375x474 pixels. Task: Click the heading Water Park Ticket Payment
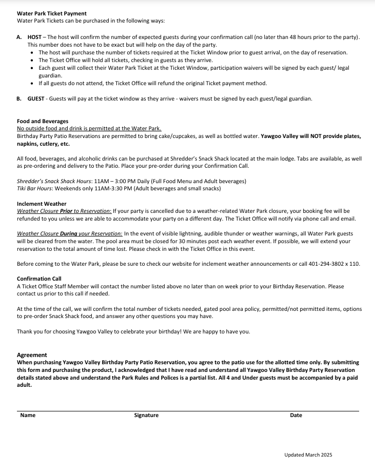click(x=52, y=13)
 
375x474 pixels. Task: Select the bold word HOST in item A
click(x=34, y=37)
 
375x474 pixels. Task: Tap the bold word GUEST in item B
click(x=36, y=98)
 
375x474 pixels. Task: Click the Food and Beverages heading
click(x=43, y=122)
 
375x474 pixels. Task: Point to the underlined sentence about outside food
click(x=89, y=129)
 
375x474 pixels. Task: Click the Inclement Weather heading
click(x=42, y=204)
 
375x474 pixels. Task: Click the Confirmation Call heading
click(x=39, y=279)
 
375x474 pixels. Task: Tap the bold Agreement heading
click(x=32, y=355)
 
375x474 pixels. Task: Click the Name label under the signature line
click(x=28, y=416)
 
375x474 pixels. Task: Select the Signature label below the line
click(x=146, y=416)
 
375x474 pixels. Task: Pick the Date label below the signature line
click(x=296, y=416)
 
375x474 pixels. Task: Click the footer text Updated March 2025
click(x=308, y=455)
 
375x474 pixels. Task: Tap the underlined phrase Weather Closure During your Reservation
click(x=69, y=234)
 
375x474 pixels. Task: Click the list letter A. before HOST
click(x=19, y=37)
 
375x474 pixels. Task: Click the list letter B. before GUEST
click(x=19, y=98)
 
